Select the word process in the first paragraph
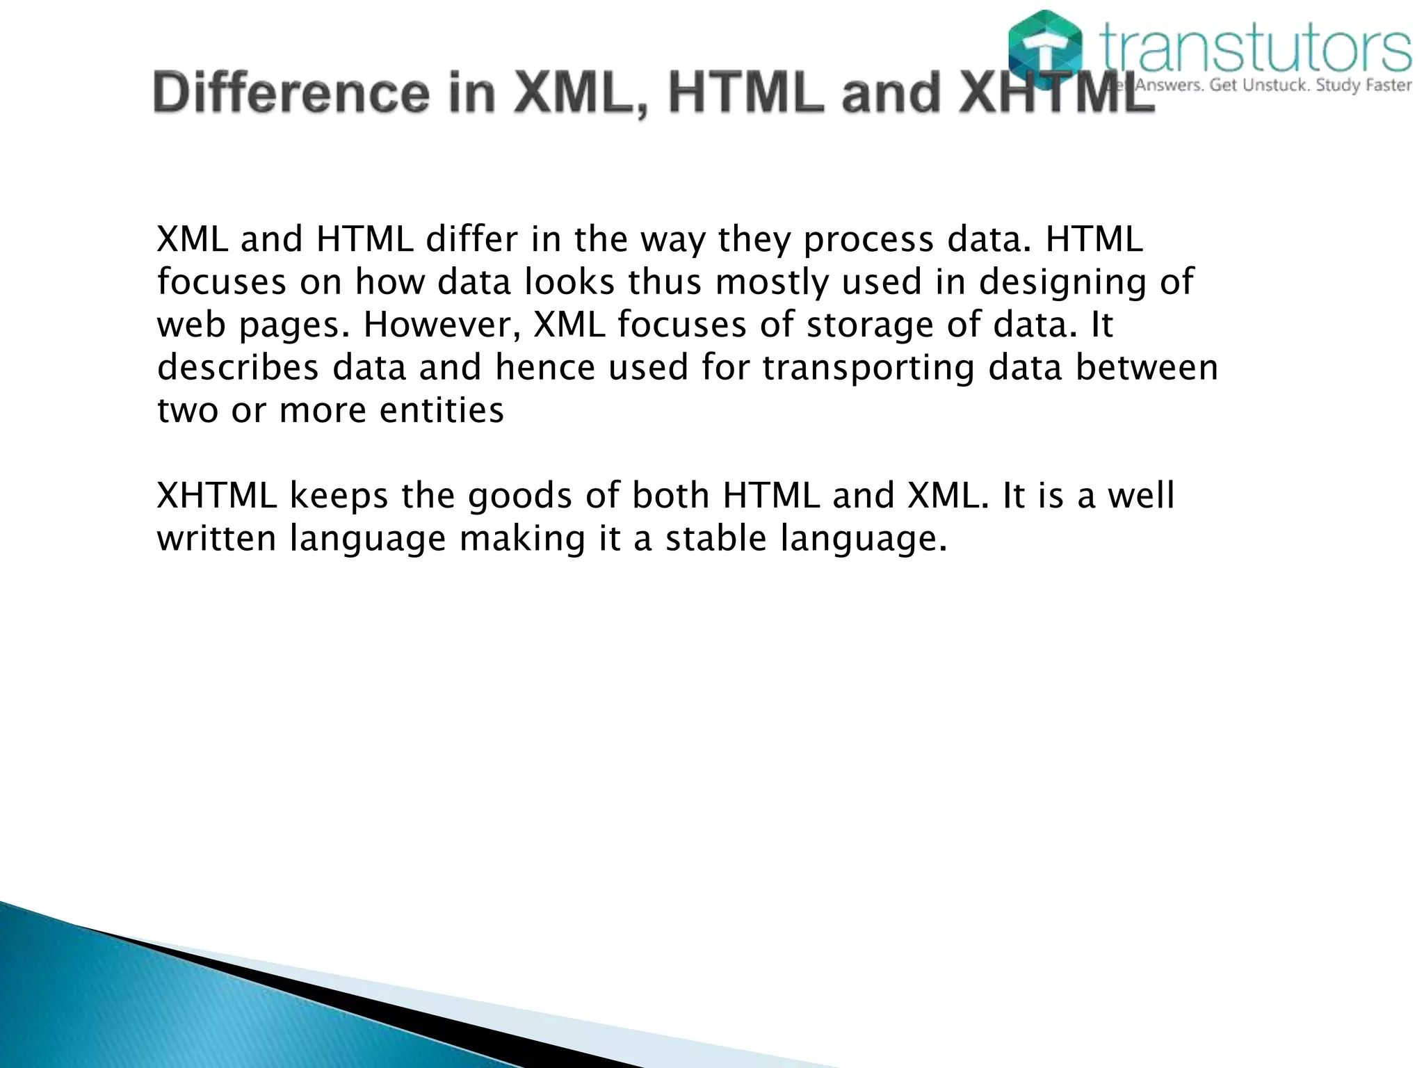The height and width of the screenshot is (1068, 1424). pos(868,240)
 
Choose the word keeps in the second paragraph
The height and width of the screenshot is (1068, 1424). pos(339,496)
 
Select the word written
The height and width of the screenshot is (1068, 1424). pos(217,539)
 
